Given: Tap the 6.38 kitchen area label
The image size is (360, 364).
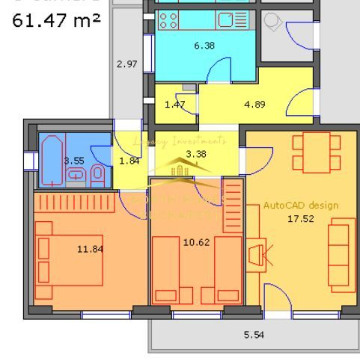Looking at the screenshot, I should [x=204, y=46].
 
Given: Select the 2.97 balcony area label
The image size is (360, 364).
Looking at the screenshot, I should [x=127, y=64].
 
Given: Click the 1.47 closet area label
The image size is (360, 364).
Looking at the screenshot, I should [x=174, y=104].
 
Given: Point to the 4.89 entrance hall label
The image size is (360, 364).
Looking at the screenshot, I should [x=254, y=104].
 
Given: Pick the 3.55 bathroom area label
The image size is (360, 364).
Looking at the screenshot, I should [x=73, y=160].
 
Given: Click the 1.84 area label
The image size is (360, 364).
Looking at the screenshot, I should [x=129, y=160].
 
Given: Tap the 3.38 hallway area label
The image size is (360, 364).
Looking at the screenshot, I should [x=195, y=154].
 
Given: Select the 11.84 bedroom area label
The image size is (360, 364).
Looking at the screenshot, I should [x=90, y=249].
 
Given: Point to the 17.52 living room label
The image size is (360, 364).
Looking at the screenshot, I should [x=300, y=219].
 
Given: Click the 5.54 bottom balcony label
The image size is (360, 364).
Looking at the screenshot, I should [x=254, y=335].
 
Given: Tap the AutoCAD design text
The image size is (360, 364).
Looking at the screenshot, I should [x=300, y=205].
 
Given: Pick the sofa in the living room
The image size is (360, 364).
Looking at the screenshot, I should [x=341, y=254].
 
